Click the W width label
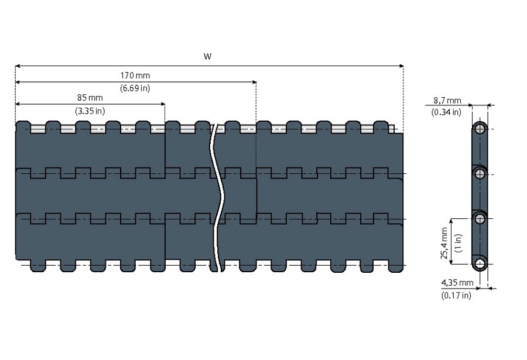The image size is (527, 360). pyautogui.click(x=207, y=57)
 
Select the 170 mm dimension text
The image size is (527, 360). pyautogui.click(x=135, y=76)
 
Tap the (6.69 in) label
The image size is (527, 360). pyautogui.click(x=135, y=88)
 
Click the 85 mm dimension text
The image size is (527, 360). pyautogui.click(x=90, y=97)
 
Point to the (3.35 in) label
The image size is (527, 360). pyautogui.click(x=90, y=110)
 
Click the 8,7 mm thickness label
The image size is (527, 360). pyautogui.click(x=447, y=101)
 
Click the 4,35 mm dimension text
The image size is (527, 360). pyautogui.click(x=457, y=283)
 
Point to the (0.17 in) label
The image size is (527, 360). pyautogui.click(x=456, y=296)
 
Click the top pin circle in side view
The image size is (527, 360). pyautogui.click(x=480, y=129)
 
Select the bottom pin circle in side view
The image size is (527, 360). pyautogui.click(x=480, y=263)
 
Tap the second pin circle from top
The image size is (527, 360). pyautogui.click(x=480, y=173)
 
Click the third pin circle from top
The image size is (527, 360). pyautogui.click(x=480, y=218)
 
